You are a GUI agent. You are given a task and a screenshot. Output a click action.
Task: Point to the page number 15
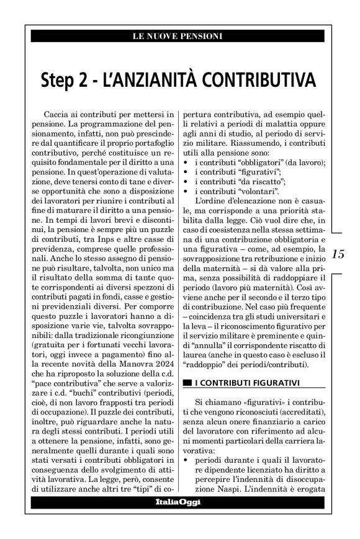[x=339, y=255]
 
